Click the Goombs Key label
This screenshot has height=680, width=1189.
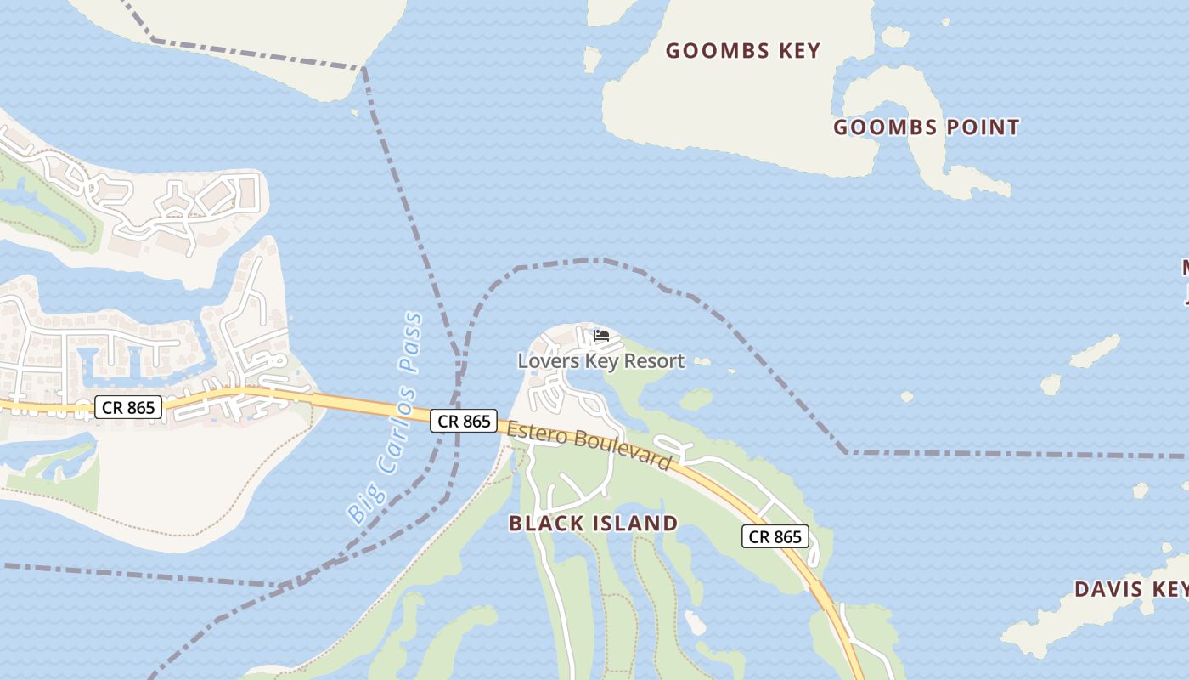743,51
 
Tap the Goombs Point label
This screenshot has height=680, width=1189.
926,127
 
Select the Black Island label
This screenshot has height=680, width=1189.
593,523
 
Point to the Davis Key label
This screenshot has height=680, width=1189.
1130,589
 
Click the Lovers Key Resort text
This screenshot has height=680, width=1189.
600,361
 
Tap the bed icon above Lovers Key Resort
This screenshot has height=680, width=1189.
601,336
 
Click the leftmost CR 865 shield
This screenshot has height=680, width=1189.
128,407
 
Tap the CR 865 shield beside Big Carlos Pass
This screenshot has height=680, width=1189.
464,421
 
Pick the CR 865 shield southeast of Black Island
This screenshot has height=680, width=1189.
775,536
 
